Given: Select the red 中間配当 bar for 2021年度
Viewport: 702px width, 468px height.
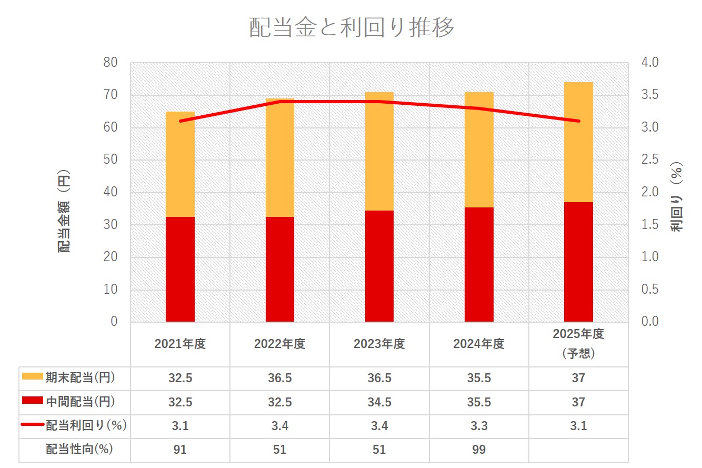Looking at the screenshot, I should (x=180, y=268).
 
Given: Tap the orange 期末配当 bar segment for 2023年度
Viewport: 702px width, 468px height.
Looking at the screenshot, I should (x=379, y=151).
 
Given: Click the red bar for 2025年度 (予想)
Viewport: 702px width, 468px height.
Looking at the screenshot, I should (x=578, y=262).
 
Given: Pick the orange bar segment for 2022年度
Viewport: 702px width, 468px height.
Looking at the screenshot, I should (x=280, y=158).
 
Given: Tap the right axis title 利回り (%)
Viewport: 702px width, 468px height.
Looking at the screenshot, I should (x=676, y=197).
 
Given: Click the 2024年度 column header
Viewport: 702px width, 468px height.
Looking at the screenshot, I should (x=479, y=344).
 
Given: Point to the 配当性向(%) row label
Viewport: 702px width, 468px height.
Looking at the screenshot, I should (x=79, y=450).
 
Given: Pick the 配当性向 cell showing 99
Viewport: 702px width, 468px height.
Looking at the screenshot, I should (x=479, y=450).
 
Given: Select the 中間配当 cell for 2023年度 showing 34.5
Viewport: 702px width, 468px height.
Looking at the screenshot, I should (x=379, y=402).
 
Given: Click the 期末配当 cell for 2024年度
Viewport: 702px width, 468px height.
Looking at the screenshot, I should (x=479, y=378).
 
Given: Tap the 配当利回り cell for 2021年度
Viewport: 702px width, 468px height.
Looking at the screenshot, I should (x=180, y=426).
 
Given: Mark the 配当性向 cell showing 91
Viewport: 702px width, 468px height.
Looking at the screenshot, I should (x=180, y=450).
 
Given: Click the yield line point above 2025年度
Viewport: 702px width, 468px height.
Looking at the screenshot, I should (x=578, y=121).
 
